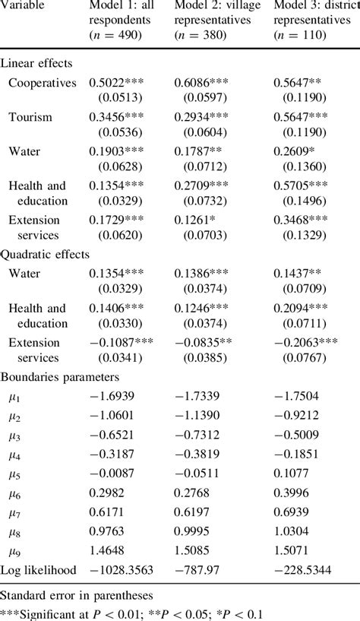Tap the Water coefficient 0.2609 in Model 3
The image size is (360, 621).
click(295, 151)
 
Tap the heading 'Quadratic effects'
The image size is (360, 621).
click(46, 255)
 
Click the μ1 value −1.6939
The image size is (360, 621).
click(119, 395)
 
